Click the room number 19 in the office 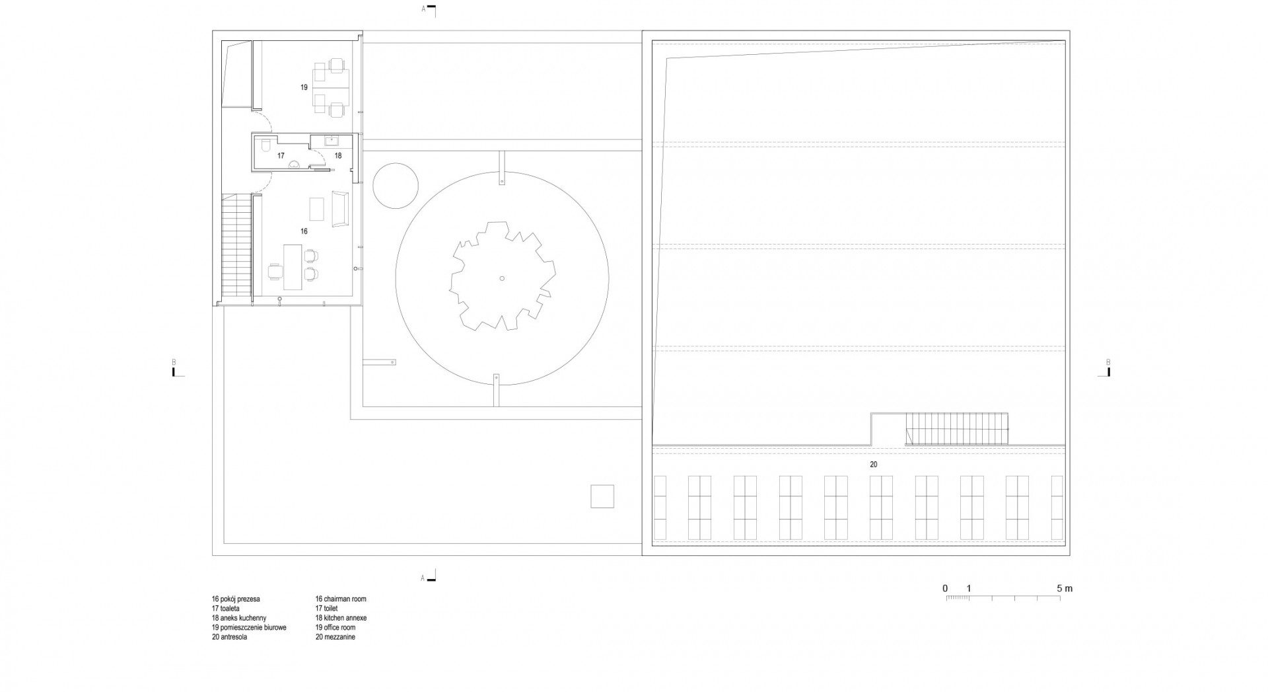[304, 87]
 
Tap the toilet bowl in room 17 [264, 146]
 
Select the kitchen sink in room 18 [330, 140]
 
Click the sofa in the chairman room [340, 209]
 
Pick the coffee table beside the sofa [318, 209]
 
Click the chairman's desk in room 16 [292, 266]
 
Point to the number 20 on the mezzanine [873, 465]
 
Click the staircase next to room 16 [236, 249]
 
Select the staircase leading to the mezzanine [957, 428]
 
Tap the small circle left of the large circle [396, 186]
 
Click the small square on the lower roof [602, 496]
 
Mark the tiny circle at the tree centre [502, 278]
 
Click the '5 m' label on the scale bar [1064, 588]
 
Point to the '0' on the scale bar [945, 588]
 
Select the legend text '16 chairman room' [341, 599]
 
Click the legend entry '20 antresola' [230, 637]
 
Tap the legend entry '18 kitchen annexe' [341, 618]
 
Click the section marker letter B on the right [1108, 362]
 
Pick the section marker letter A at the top [423, 9]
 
